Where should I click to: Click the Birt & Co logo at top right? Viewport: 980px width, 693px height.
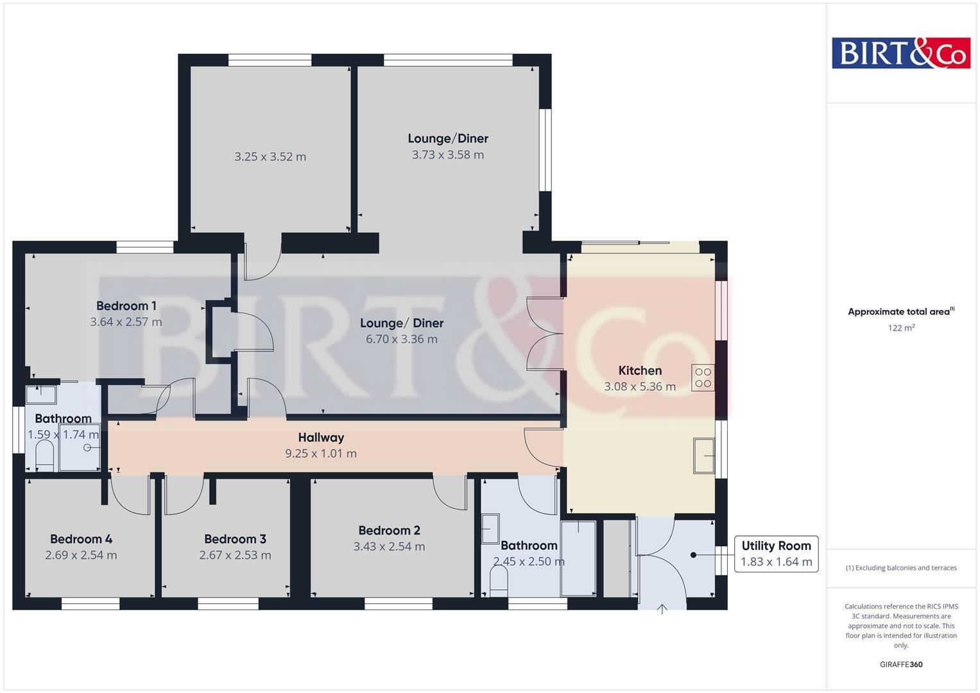pos(900,53)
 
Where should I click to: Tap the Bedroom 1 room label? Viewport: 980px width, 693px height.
pos(126,306)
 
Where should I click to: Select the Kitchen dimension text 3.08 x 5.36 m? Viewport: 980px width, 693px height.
pos(639,387)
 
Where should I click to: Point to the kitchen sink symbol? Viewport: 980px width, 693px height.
pos(704,456)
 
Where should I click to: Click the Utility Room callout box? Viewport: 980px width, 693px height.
pos(776,554)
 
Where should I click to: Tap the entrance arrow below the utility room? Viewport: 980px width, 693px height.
pos(662,609)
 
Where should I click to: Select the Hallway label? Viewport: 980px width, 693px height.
pos(321,438)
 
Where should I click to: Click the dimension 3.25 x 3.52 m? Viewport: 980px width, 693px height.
pos(270,157)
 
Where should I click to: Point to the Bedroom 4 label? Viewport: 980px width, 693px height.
pos(81,539)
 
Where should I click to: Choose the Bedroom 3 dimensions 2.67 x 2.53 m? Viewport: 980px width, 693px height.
pos(235,555)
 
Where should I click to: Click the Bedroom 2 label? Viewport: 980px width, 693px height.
pos(389,531)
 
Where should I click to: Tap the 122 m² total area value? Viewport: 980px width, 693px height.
pos(901,328)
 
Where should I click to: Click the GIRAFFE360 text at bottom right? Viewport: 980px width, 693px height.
pos(901,664)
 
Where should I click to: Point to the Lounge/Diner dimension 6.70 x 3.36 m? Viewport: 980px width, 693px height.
pos(402,339)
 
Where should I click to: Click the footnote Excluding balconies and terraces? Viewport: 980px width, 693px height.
pos(901,568)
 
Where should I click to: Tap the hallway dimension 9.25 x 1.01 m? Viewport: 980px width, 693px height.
pos(321,454)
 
